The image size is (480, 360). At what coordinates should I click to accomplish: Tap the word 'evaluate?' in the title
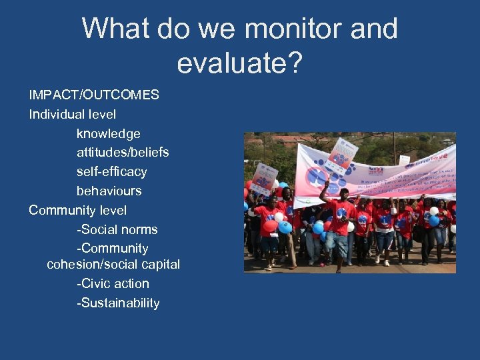239,63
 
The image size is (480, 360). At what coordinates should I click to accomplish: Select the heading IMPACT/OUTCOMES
94,95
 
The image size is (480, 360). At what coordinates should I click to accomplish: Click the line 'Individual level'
72,114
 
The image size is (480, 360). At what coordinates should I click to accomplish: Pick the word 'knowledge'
108,133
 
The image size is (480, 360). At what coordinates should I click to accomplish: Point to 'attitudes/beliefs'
123,152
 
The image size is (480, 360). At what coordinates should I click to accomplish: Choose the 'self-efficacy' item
111,171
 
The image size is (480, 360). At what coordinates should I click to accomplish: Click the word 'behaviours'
109,191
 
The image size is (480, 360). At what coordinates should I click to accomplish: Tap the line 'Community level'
77,210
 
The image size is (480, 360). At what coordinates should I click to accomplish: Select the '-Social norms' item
117,229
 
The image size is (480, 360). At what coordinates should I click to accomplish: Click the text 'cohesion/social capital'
113,264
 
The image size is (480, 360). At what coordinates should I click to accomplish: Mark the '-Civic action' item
113,283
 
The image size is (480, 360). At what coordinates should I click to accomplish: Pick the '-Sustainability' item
118,303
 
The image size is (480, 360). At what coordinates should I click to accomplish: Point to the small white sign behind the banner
404,159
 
